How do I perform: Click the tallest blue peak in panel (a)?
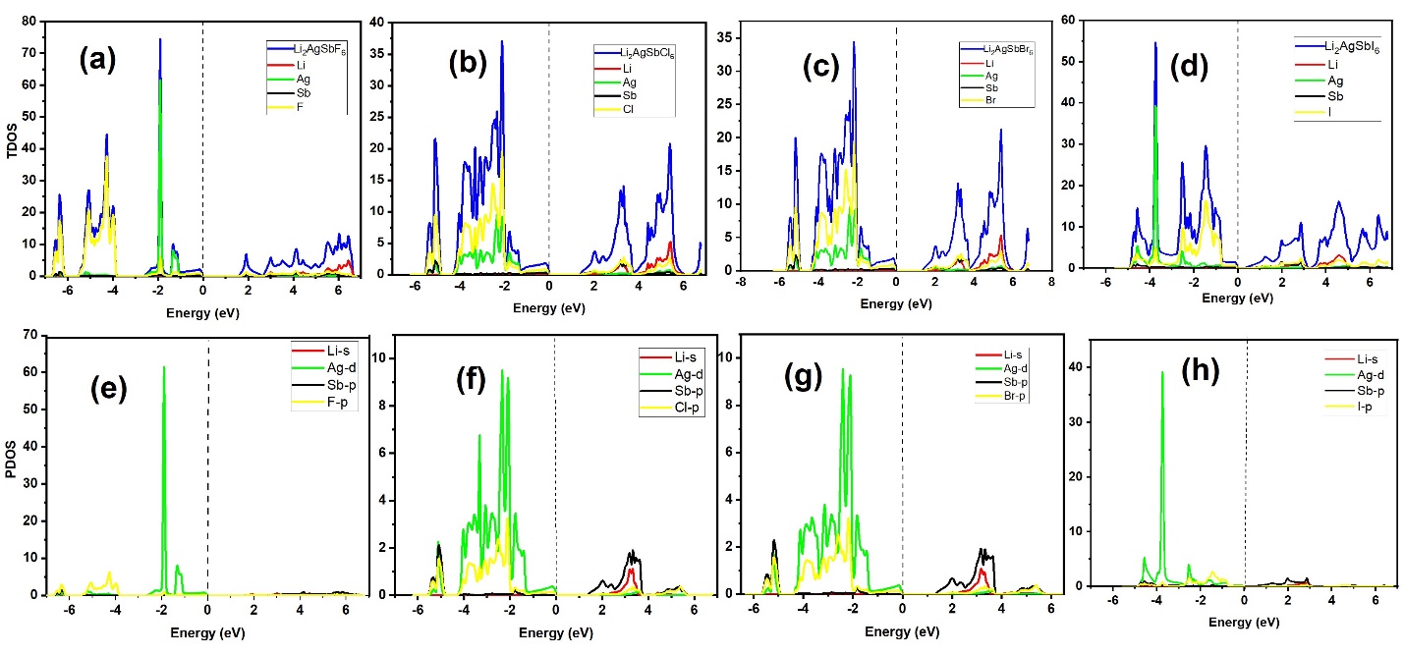point(159,40)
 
